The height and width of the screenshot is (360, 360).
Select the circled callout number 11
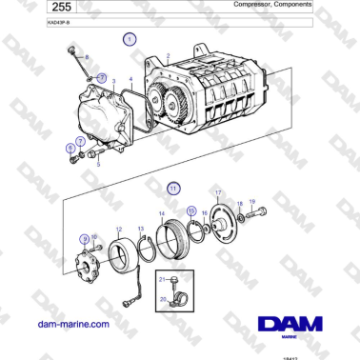click(x=172, y=187)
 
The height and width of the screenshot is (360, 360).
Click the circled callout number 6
click(x=70, y=148)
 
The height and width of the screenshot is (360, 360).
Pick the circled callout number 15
click(x=191, y=210)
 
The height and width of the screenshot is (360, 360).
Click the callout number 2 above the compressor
click(x=168, y=57)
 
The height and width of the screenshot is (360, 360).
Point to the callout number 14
click(x=161, y=213)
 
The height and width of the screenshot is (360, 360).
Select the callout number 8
click(x=87, y=59)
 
